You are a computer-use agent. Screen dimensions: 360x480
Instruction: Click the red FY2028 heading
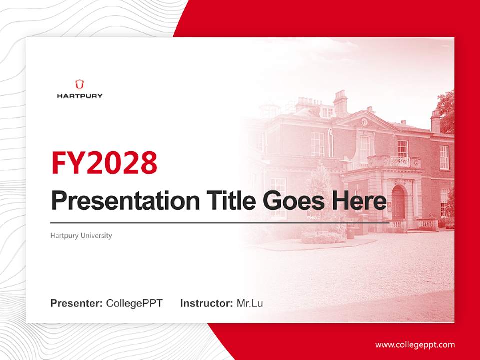[x=104, y=162]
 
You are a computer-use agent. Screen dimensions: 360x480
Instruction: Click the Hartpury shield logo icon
[x=79, y=84]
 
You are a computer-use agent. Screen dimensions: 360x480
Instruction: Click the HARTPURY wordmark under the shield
[x=79, y=96]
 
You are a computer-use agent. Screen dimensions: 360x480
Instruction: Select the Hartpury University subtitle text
[x=81, y=235]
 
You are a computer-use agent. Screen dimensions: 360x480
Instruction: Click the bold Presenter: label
[x=77, y=303]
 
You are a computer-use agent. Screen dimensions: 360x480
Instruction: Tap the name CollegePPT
[x=134, y=303]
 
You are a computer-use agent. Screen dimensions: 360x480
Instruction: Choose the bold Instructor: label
[x=206, y=303]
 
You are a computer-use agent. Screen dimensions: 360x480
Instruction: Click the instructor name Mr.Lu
[x=250, y=303]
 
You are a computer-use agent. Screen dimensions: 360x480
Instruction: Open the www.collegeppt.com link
[x=415, y=345]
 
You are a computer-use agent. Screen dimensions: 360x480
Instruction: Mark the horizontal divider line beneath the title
[x=220, y=222]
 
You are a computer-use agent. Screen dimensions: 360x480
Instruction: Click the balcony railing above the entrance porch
[x=399, y=162]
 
